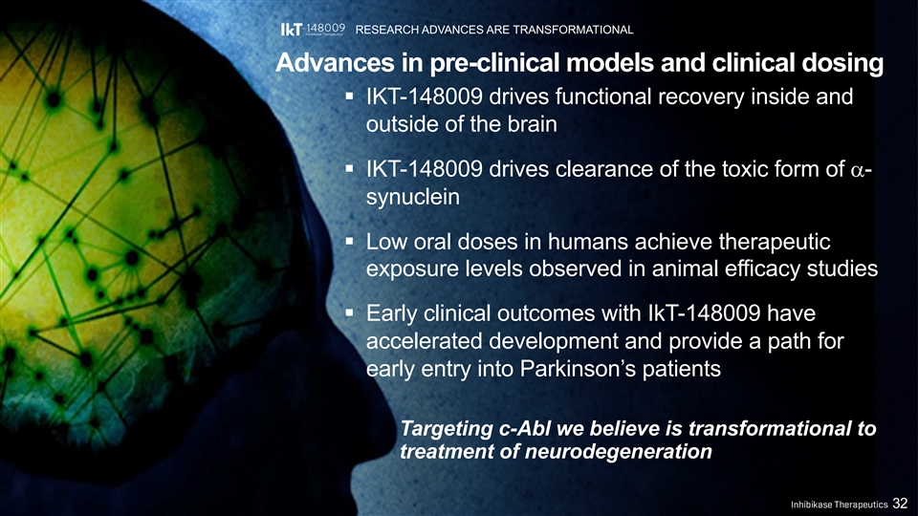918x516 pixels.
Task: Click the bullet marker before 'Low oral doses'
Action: click(x=349, y=241)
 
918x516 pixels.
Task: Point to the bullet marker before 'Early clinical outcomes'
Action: click(x=349, y=313)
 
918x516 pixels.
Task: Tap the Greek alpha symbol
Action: click(x=856, y=170)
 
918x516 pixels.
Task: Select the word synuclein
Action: click(x=413, y=197)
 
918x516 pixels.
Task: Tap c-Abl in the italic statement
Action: click(x=525, y=429)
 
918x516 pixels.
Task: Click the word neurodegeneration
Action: click(x=618, y=452)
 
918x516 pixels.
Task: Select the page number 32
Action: click(x=900, y=504)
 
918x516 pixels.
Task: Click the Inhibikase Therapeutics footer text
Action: click(x=839, y=505)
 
